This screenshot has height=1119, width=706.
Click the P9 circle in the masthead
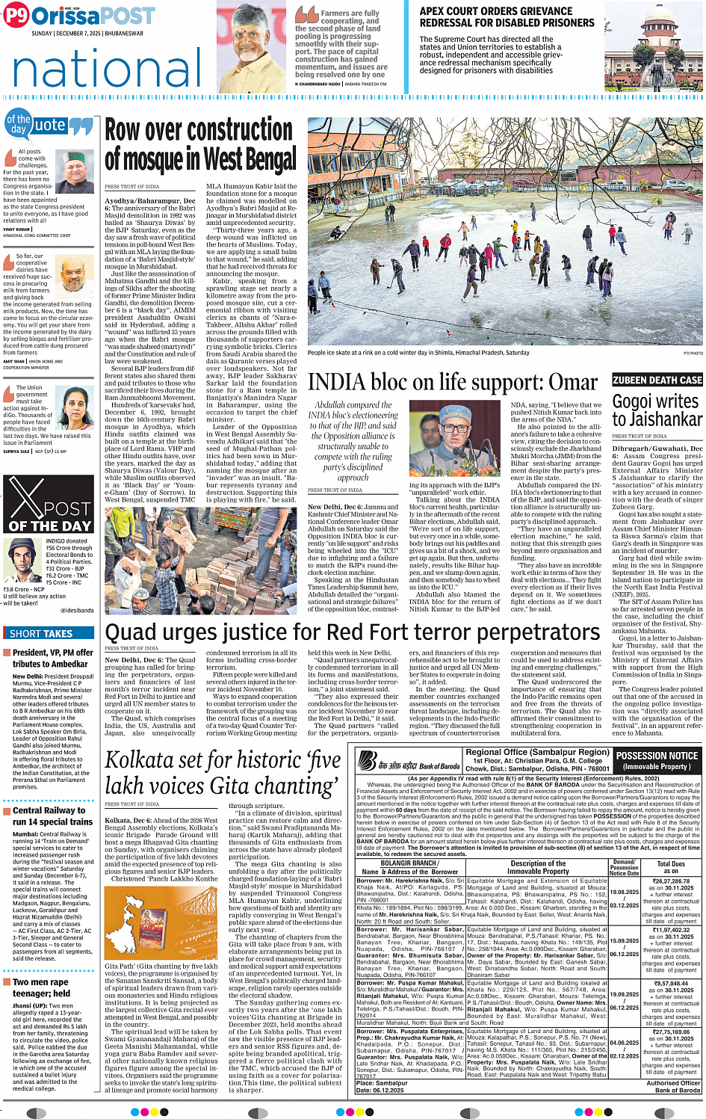[16, 16]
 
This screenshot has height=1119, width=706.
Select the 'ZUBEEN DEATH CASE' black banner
[657, 380]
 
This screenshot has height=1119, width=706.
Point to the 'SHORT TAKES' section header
[41, 633]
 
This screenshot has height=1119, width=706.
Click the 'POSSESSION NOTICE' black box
[657, 760]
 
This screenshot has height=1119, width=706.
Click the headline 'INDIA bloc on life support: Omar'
[453, 382]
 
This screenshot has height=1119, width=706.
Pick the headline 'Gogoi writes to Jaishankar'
[657, 410]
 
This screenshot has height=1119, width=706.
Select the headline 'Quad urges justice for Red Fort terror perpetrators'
[353, 632]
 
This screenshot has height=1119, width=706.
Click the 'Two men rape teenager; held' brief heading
[41, 987]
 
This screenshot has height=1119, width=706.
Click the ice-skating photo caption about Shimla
[418, 353]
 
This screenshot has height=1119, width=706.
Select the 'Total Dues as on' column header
[671, 867]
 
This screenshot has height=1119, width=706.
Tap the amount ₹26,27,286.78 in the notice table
[671, 881]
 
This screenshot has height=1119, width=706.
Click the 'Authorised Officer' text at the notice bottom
[673, 1082]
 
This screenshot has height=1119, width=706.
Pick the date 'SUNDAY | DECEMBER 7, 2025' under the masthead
[87, 34]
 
